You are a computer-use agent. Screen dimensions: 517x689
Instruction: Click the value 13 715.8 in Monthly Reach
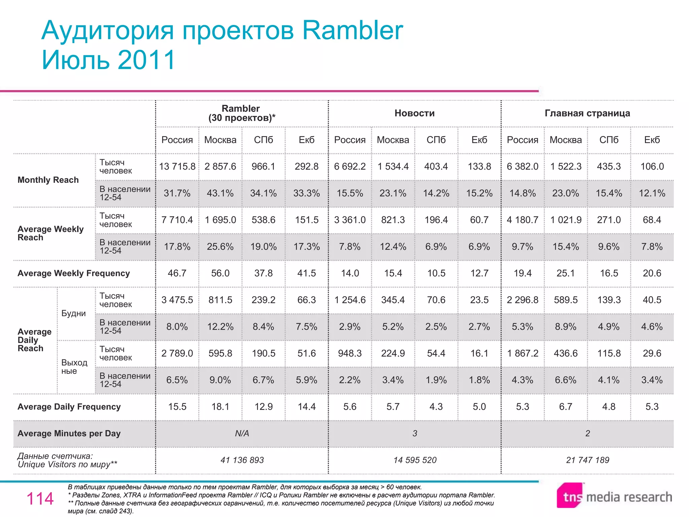[177, 167]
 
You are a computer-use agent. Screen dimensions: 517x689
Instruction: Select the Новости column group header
[414, 113]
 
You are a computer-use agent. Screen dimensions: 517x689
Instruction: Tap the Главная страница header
[587, 113]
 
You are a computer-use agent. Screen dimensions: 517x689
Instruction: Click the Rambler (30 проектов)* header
[241, 113]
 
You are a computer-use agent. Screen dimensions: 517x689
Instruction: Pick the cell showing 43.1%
[220, 193]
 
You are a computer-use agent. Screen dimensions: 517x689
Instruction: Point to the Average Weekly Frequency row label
[74, 273]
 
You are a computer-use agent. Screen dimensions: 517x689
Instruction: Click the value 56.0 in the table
[220, 273]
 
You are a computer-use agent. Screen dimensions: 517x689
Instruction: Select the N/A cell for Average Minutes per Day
[242, 434]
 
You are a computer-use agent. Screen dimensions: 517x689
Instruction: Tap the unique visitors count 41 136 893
[242, 460]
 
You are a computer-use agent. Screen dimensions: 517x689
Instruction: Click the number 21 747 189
[587, 460]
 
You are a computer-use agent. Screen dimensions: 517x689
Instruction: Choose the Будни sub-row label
[74, 313]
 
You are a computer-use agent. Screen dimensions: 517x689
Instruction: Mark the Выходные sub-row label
[74, 367]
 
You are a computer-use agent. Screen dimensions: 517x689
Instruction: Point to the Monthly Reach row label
[48, 180]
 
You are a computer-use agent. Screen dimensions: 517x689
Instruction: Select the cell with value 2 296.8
[522, 300]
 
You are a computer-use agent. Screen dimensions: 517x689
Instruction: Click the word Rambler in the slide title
[353, 30]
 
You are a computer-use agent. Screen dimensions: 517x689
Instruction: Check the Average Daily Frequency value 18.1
[220, 407]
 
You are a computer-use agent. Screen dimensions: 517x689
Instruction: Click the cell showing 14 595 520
[415, 460]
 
